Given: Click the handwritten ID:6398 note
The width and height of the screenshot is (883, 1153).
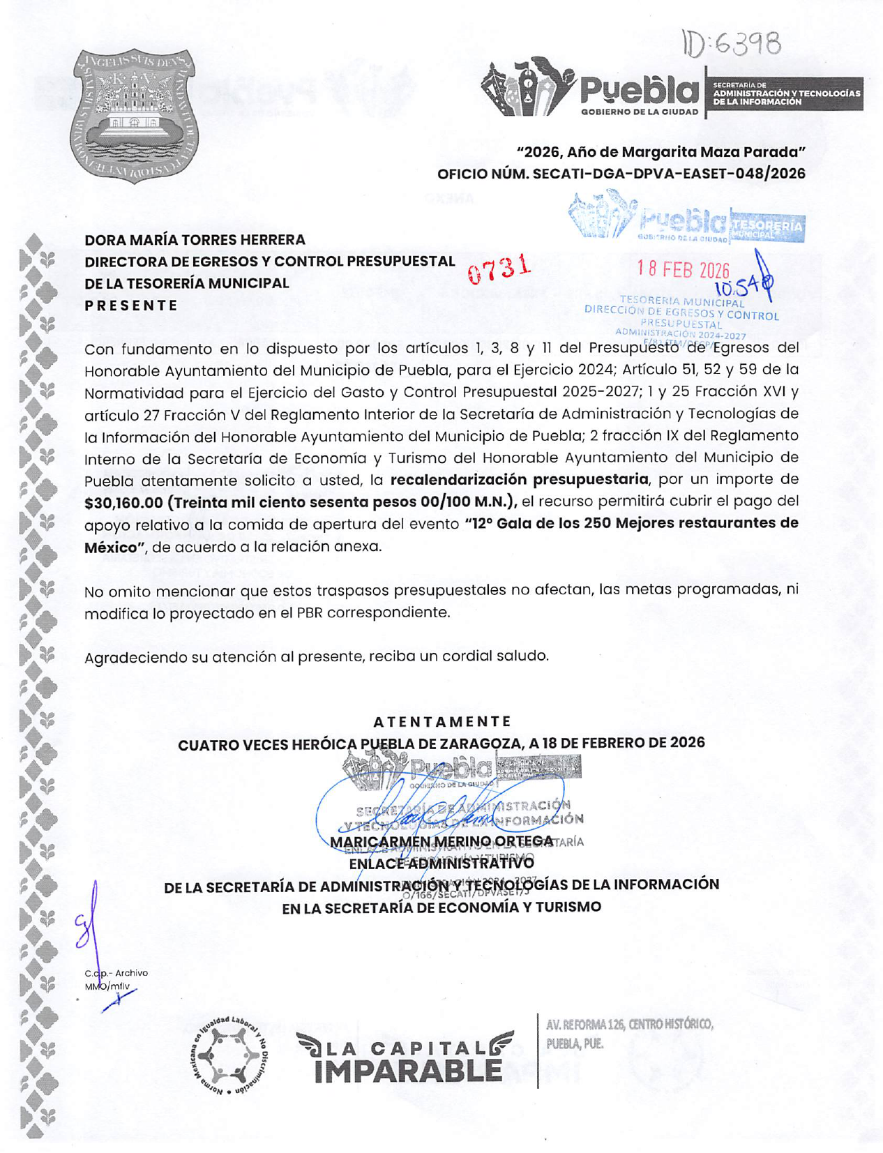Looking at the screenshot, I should point(732,45).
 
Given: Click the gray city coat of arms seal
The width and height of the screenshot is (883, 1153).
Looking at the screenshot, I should point(134,116).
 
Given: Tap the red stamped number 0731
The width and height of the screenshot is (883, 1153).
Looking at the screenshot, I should point(499,269).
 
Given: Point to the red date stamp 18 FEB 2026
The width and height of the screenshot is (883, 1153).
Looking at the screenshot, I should point(683,270).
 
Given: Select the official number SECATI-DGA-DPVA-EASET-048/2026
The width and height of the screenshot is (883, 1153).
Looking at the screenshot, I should point(669,174).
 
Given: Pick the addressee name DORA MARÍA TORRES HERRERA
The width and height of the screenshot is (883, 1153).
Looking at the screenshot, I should point(195,240).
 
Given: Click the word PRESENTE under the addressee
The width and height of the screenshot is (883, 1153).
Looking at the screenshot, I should point(131,306).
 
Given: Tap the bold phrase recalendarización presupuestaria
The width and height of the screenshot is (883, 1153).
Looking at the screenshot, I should point(519,479).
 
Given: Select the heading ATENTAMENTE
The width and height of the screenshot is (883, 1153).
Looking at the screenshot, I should point(442,721).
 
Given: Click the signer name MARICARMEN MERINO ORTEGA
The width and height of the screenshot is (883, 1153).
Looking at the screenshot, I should point(441,842).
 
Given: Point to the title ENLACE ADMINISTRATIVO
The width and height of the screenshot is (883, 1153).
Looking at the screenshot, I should point(441,864).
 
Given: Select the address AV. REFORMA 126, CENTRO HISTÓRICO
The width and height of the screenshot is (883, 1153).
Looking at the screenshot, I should point(629,1025).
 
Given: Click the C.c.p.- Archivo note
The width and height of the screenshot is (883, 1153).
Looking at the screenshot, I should point(116,973).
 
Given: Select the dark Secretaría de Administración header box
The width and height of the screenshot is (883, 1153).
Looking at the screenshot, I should point(785,93).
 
